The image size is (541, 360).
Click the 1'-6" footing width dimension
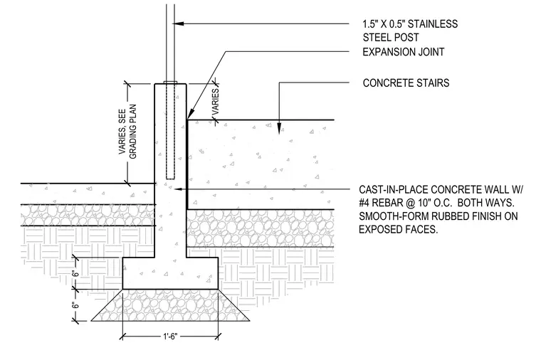(170, 337)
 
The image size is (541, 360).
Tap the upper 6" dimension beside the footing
(75, 274)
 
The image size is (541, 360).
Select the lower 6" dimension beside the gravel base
(75, 305)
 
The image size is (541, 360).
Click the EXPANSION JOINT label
(404, 52)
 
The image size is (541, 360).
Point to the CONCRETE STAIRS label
(406, 83)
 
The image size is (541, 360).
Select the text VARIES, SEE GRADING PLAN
(127, 132)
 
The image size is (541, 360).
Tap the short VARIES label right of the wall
(216, 102)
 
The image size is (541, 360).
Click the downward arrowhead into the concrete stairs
(279, 128)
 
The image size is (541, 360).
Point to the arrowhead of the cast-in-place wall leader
(178, 189)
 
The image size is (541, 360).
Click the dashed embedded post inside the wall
(170, 131)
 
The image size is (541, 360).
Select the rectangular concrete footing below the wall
(170, 273)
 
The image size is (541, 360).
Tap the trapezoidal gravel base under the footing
(170, 305)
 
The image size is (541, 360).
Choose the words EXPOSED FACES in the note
(399, 229)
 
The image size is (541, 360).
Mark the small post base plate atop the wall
(170, 83)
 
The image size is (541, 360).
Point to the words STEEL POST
(391, 37)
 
